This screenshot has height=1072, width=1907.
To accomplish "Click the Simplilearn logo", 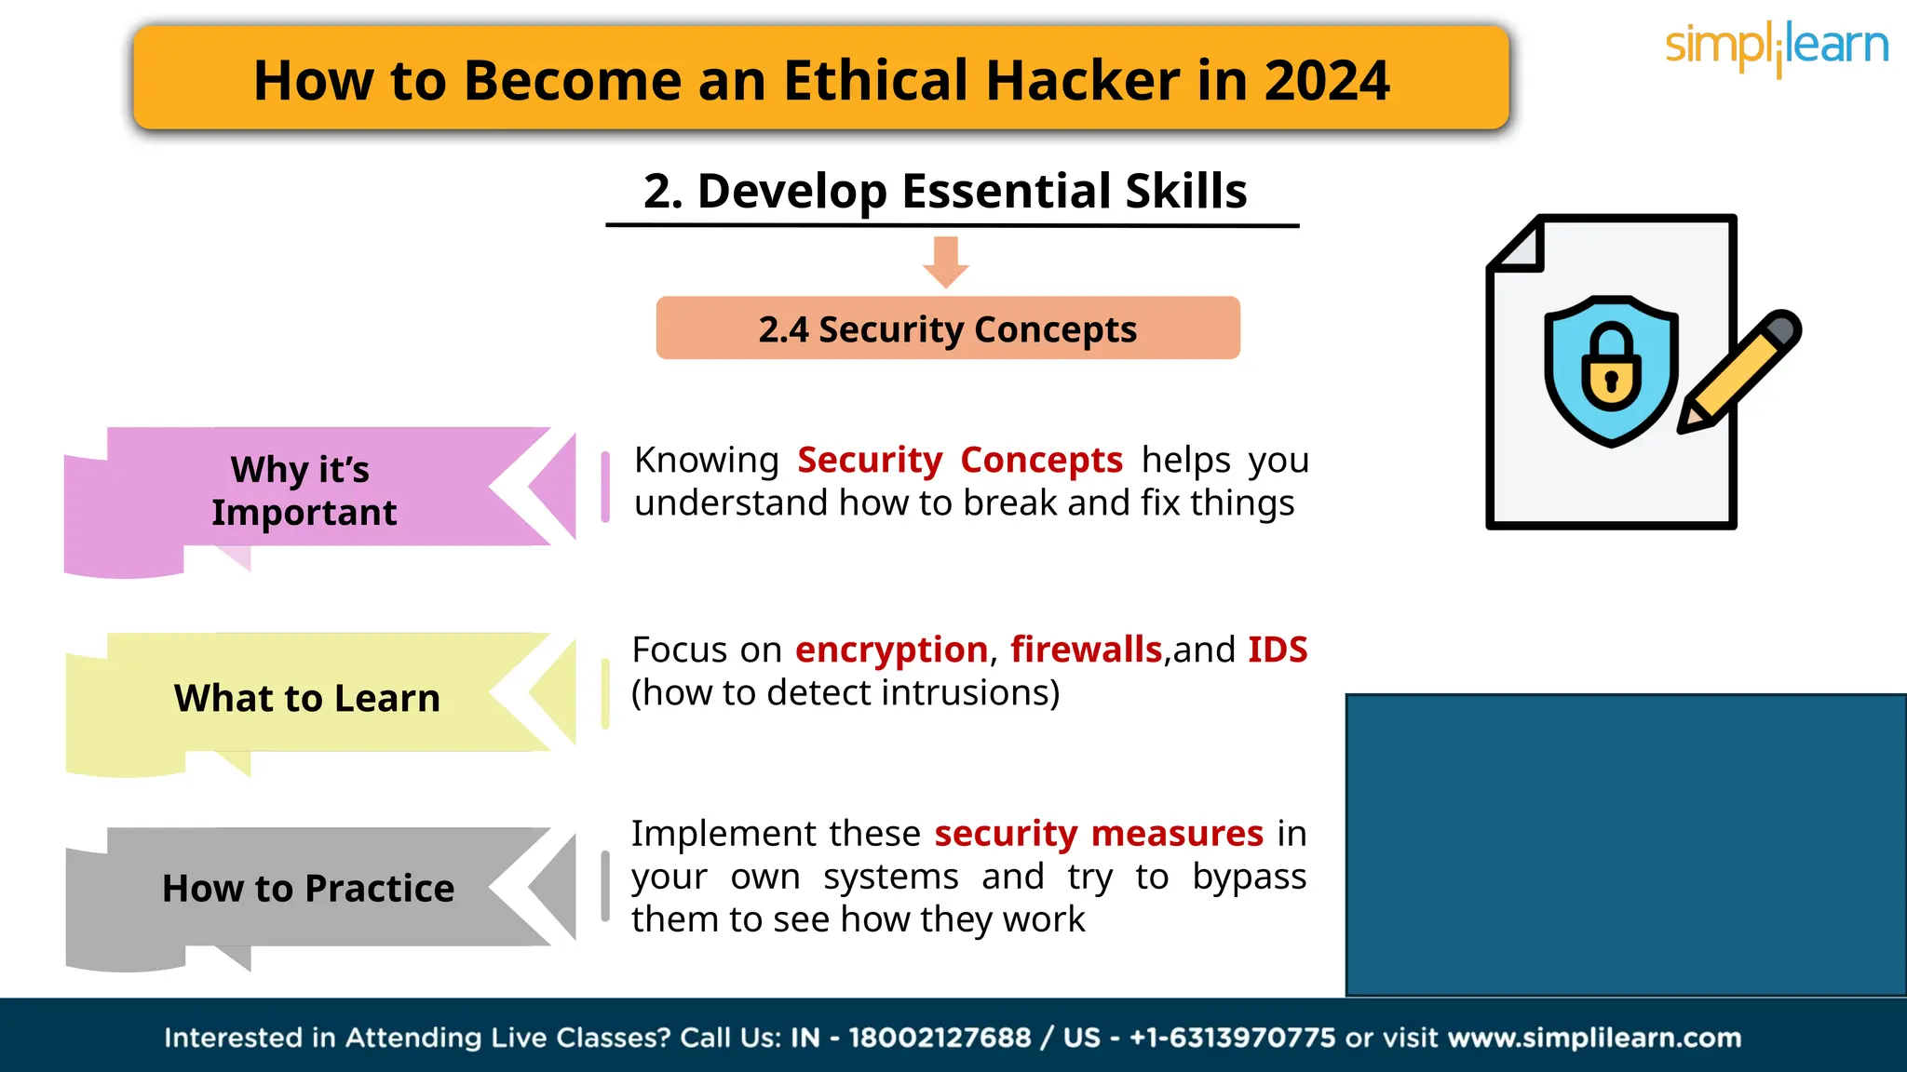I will coord(1776,47).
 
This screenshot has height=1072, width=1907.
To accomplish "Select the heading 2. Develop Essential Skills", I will coord(945,192).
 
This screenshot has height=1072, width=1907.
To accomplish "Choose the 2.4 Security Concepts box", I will coord(948,329).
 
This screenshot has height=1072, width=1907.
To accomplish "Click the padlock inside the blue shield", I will coord(1611,368).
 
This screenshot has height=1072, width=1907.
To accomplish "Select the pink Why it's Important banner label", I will coord(304,490).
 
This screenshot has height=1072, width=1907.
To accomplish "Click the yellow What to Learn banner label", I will coord(306,698).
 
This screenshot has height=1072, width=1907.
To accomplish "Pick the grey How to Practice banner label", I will coord(308,889).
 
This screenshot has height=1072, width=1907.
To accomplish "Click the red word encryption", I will coord(891,650).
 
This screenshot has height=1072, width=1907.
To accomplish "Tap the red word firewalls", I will coord(1086,650).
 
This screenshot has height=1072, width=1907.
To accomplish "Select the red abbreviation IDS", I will coord(1277,650).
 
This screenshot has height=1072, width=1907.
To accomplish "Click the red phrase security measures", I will coord(1099,834).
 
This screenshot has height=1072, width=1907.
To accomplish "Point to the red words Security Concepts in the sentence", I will coord(959,461).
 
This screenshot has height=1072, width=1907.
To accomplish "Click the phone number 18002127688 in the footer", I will coord(939,1038).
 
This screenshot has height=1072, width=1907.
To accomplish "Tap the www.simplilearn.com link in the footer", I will coord(1594,1038).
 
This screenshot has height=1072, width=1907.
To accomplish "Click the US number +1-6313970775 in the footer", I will coord(1232,1038).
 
